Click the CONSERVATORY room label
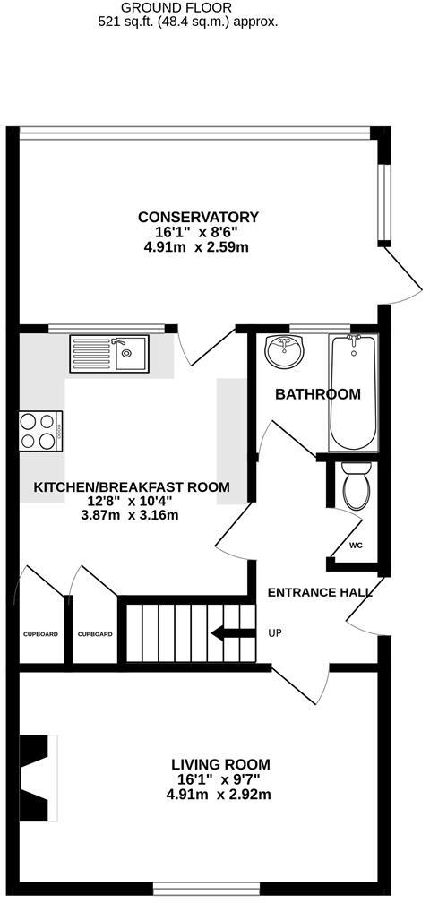pos(198,217)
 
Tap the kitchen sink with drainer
pos(108,353)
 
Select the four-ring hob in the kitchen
pos(41,430)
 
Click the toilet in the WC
pos(356,484)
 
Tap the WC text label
pos(356,546)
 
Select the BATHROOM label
pos(317,394)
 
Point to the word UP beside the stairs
pos(275,633)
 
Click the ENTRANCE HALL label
pos(320,592)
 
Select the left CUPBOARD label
pos(40,634)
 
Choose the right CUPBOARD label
pos(95,634)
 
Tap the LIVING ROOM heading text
pos(220,764)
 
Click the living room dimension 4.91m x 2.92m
pos(220,794)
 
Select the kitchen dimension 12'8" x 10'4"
pos(132,501)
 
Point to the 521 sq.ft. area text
pos(188,21)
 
